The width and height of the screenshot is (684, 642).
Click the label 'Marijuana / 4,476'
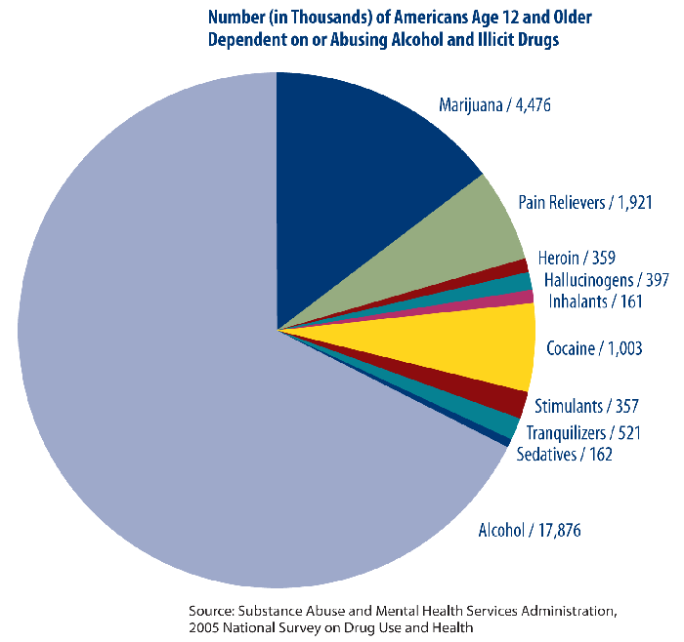click(x=495, y=104)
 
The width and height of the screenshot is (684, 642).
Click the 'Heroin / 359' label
click(x=577, y=261)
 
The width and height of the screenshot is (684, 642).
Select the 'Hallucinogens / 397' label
click(x=606, y=281)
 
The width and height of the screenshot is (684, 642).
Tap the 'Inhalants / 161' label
click(x=595, y=301)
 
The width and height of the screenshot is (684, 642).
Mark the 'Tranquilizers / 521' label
click(x=583, y=432)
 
